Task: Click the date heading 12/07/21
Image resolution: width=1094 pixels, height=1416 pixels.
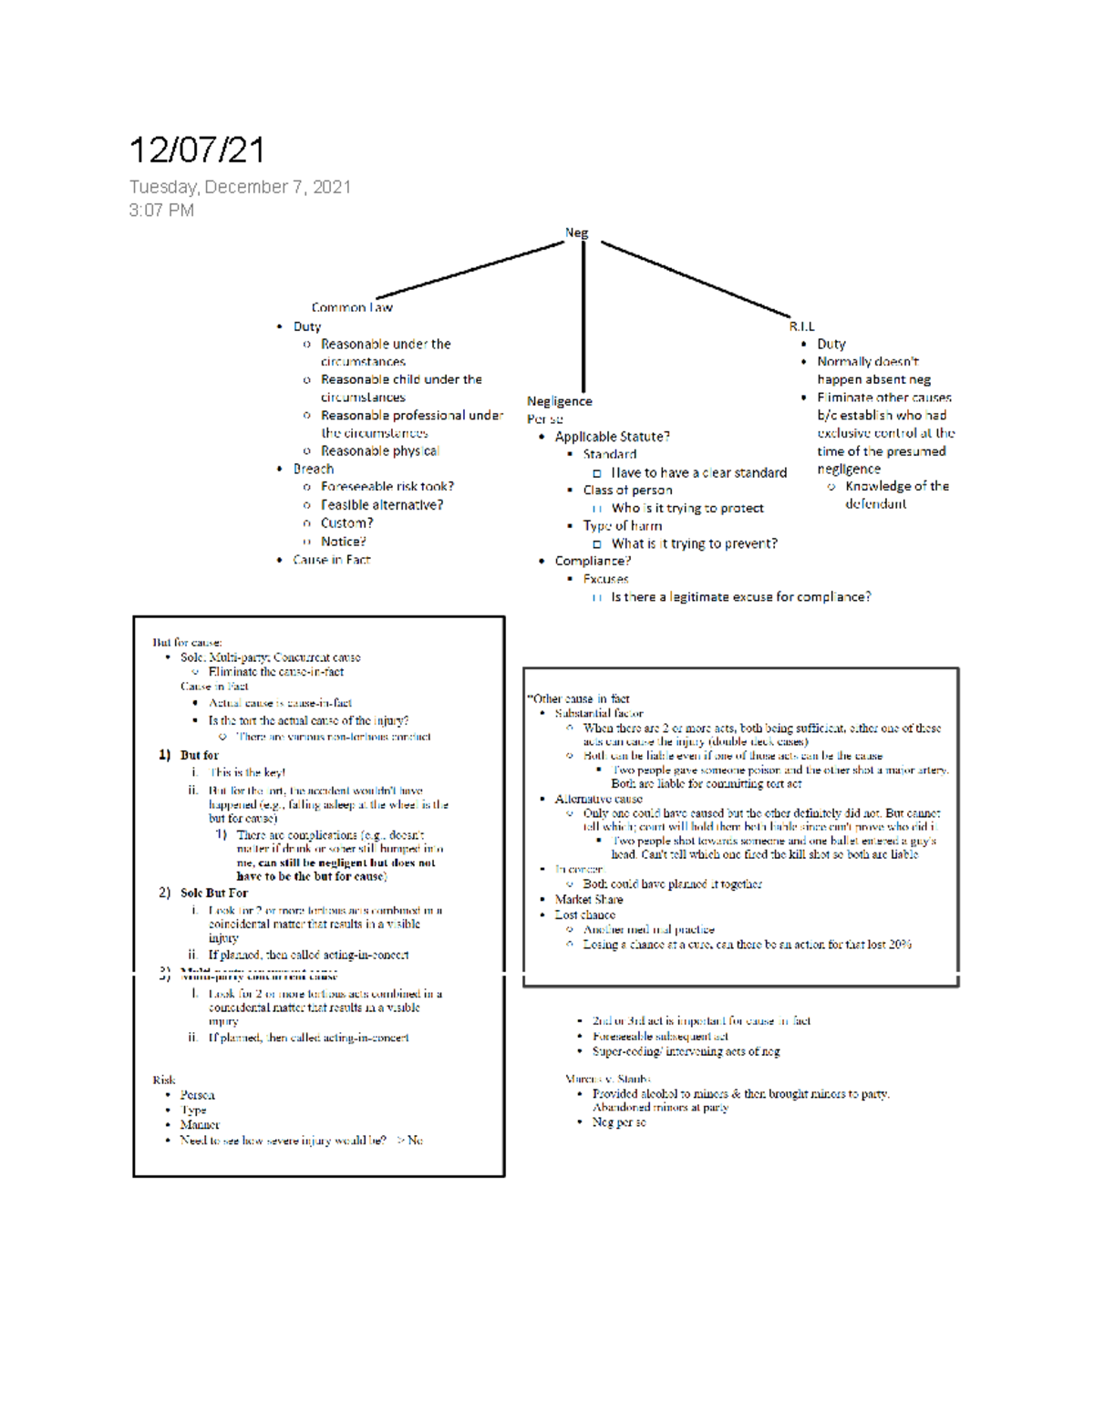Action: pos(197,150)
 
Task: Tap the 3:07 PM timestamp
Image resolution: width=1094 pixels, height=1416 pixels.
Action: pos(161,211)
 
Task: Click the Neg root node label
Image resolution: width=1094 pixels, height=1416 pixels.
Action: pos(576,233)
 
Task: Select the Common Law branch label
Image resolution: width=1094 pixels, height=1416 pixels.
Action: pos(352,307)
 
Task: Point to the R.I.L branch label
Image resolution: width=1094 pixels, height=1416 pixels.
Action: pos(802,326)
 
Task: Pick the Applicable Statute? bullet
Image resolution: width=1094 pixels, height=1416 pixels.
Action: pos(612,437)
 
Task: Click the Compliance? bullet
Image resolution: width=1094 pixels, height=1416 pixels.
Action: pos(593,561)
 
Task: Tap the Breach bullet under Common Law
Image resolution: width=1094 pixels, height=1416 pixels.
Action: pos(313,469)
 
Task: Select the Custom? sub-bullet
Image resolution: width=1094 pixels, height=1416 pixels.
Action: pos(346,523)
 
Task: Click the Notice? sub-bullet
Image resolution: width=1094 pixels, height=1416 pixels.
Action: pos(343,542)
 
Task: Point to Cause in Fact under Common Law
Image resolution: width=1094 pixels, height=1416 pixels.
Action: pos(331,560)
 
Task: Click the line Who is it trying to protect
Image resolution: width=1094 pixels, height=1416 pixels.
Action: pos(687,508)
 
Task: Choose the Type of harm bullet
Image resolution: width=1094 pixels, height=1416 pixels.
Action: pos(623,526)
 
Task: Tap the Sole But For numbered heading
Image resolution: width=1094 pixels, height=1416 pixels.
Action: pos(213,893)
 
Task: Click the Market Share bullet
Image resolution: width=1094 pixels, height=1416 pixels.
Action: pos(589,899)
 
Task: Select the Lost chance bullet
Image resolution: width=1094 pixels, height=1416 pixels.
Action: pos(584,915)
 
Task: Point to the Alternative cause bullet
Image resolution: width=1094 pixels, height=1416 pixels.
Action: pos(598,799)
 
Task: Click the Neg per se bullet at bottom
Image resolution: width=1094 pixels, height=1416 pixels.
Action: pos(619,1122)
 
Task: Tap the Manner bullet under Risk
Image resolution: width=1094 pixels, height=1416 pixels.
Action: pos(200,1125)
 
